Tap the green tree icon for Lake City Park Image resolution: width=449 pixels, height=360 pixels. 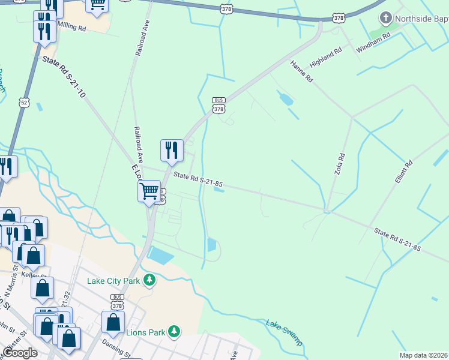(149, 280)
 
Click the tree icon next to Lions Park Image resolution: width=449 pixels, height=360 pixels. (174, 331)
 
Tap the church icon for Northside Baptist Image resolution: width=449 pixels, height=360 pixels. (384, 19)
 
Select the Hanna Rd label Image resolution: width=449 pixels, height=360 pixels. (301, 71)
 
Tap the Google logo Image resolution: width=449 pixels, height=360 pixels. (20, 352)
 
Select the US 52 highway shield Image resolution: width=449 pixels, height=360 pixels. (24, 103)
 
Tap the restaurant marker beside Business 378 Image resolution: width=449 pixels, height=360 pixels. (172, 151)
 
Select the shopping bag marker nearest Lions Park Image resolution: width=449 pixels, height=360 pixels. (113, 322)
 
